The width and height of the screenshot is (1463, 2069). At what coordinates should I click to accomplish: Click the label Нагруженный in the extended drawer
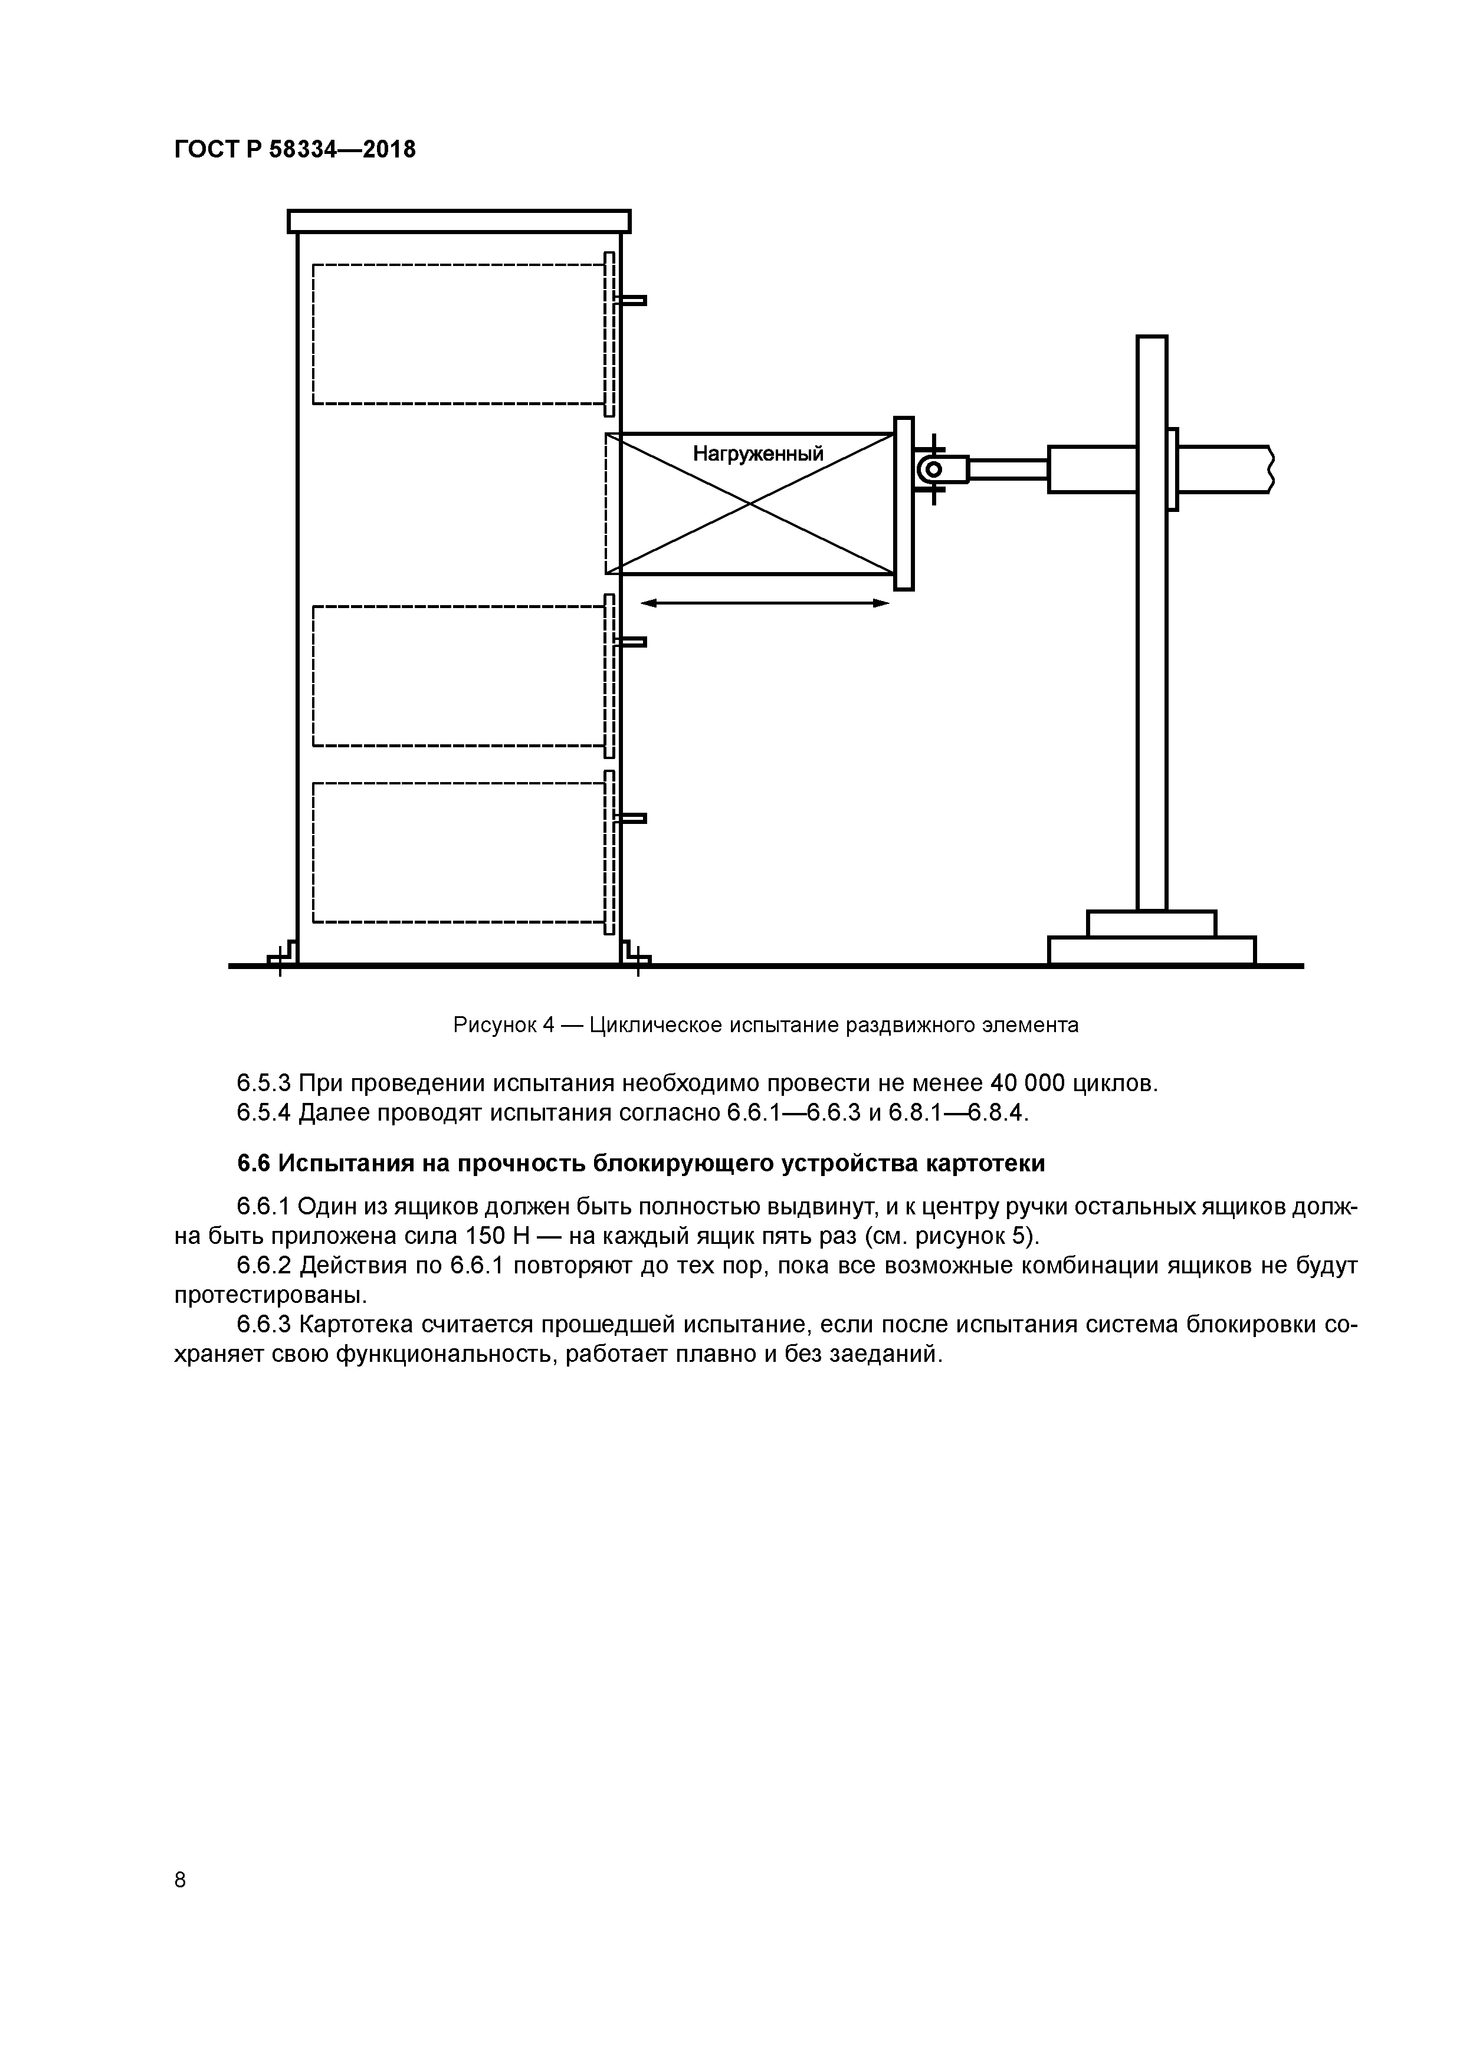pyautogui.click(x=757, y=454)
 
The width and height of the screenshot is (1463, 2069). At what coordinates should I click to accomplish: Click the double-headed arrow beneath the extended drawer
pyautogui.click(x=765, y=603)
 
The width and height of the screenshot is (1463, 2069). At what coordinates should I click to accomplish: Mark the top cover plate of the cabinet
pyautogui.click(x=459, y=221)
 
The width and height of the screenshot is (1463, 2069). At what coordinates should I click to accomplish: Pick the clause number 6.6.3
pyautogui.click(x=264, y=1325)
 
